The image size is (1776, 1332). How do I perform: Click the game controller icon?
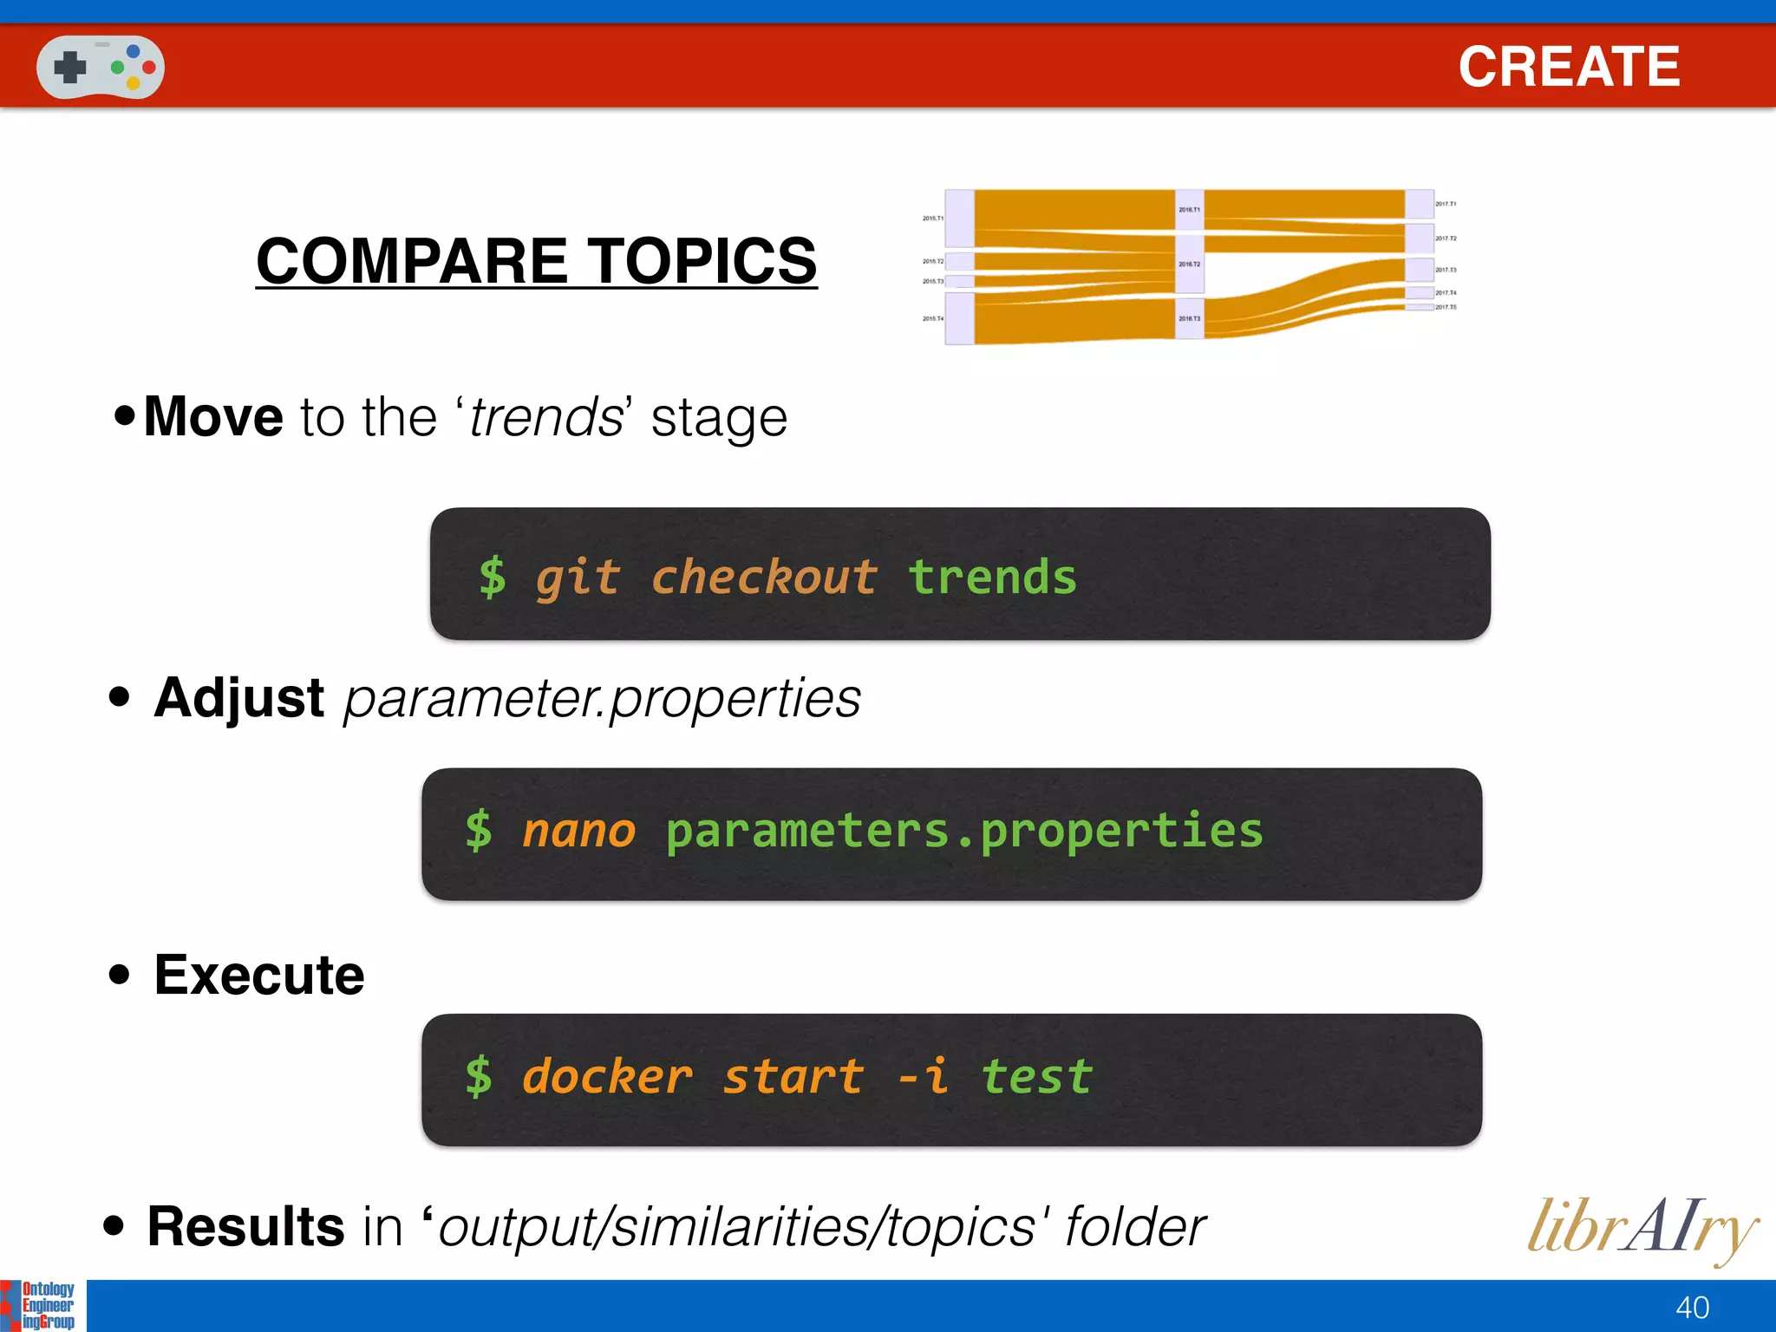pos(101,67)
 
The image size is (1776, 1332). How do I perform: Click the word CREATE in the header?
pos(1569,67)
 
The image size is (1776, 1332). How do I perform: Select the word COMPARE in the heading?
pos(412,261)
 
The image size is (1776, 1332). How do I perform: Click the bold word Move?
pos(213,417)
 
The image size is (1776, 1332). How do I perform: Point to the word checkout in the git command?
pos(763,577)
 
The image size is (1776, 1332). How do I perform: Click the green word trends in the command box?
pos(992,577)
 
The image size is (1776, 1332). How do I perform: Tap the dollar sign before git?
pos(492,578)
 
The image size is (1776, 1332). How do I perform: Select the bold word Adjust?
pos(238,697)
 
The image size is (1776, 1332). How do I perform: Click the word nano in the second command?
pos(578,831)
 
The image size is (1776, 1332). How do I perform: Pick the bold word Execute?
pos(259,975)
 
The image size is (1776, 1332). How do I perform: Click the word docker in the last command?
pos(607,1077)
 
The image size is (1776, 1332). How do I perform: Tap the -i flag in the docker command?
pos(922,1077)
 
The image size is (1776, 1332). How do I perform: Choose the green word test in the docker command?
pos(1036,1077)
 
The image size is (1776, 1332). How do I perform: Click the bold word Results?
pos(246,1226)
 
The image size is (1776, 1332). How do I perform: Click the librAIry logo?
pos(1641,1226)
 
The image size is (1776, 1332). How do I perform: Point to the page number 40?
pos(1692,1307)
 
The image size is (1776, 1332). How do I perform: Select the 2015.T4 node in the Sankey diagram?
pos(959,318)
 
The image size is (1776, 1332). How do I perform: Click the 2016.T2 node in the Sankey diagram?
pos(1190,264)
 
